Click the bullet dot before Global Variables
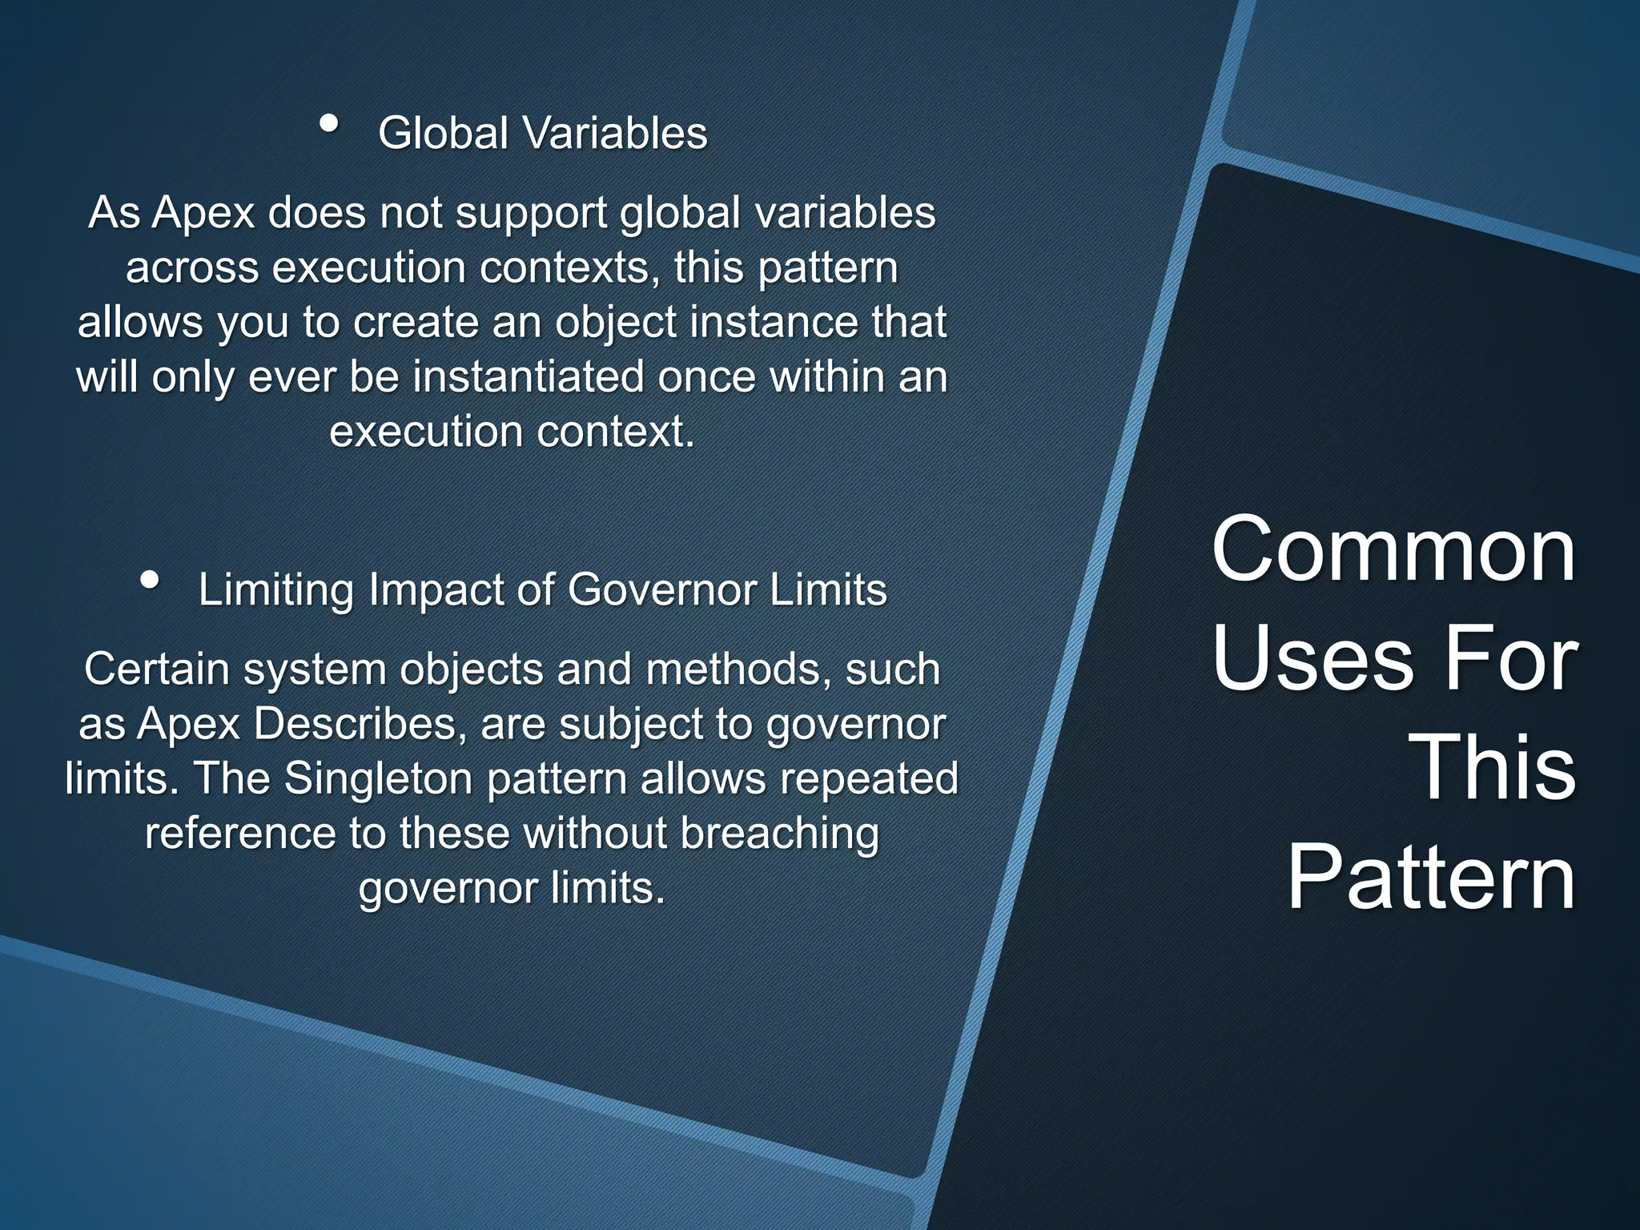click(328, 124)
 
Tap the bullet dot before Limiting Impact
click(148, 580)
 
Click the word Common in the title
click(1393, 550)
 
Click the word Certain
click(157, 669)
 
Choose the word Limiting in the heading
click(276, 590)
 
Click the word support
click(532, 214)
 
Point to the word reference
click(240, 833)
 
